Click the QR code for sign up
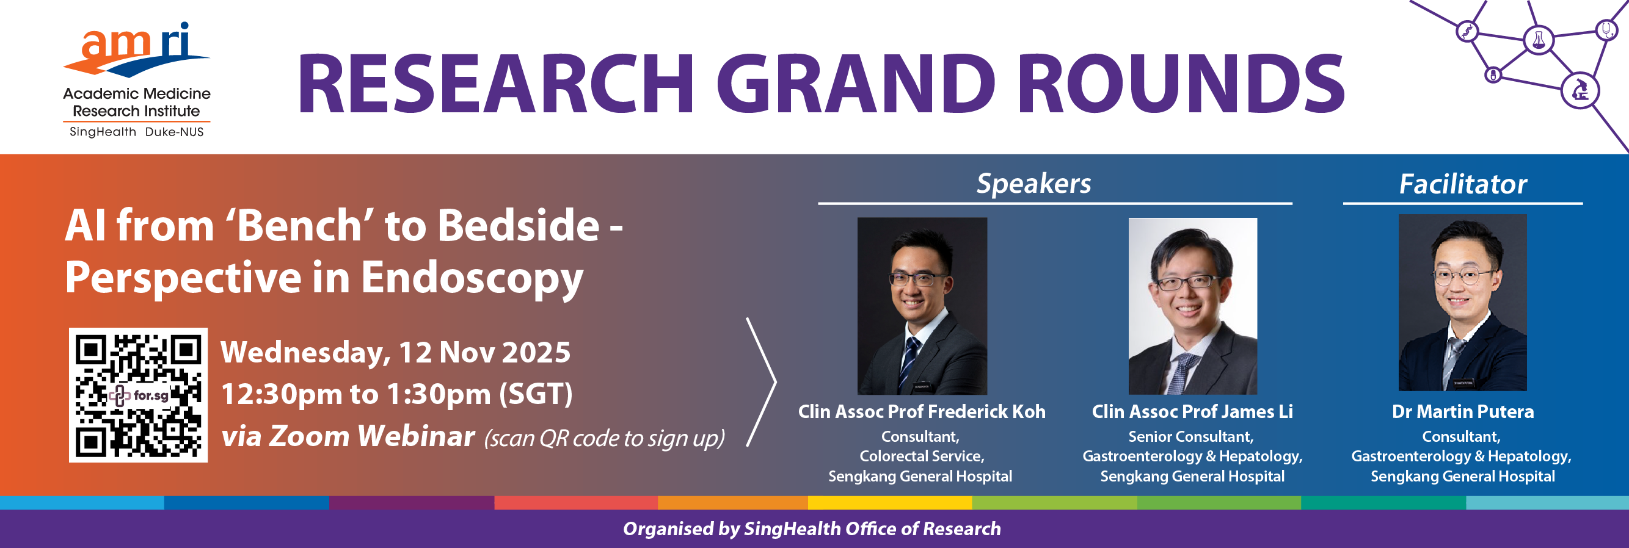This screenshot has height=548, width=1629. point(138,395)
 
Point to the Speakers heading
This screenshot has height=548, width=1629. point(1034,183)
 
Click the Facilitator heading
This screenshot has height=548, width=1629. point(1463,184)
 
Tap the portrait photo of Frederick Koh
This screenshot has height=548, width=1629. point(922,306)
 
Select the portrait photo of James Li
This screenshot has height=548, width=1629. point(1193,306)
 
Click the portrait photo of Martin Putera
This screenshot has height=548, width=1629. point(1463,303)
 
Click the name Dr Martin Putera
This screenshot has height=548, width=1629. point(1463,411)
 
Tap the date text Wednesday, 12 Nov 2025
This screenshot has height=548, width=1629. point(396,353)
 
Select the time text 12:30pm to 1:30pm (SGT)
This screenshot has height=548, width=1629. point(397,394)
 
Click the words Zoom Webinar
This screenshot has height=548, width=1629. point(372,436)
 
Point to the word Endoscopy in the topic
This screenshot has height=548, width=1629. point(472,279)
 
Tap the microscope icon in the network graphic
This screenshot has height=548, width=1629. point(1580,90)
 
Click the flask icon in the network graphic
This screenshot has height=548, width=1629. point(1538,40)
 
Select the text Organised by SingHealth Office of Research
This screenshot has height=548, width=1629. point(812,528)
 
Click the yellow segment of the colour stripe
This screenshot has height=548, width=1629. point(890,502)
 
